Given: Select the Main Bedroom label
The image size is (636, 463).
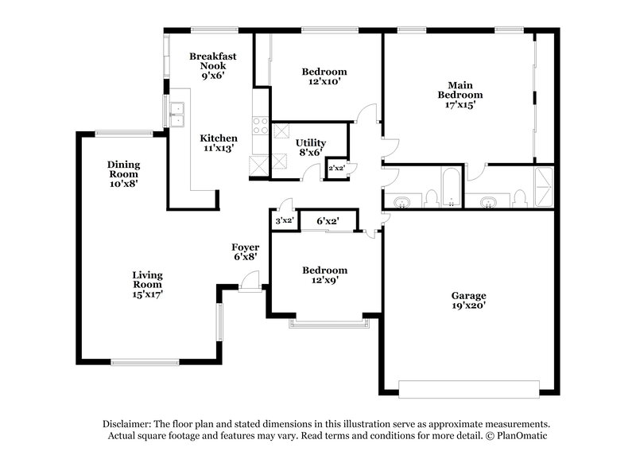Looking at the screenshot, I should (465, 90).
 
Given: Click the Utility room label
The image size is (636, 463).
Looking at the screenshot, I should (311, 142).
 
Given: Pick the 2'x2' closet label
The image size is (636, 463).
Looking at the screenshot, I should (337, 168).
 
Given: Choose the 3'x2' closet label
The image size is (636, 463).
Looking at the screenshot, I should (284, 220).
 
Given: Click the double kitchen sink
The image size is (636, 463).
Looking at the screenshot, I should (177, 115).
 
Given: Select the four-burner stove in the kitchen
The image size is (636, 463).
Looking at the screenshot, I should (260, 124).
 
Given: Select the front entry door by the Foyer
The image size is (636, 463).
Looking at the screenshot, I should (250, 281).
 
